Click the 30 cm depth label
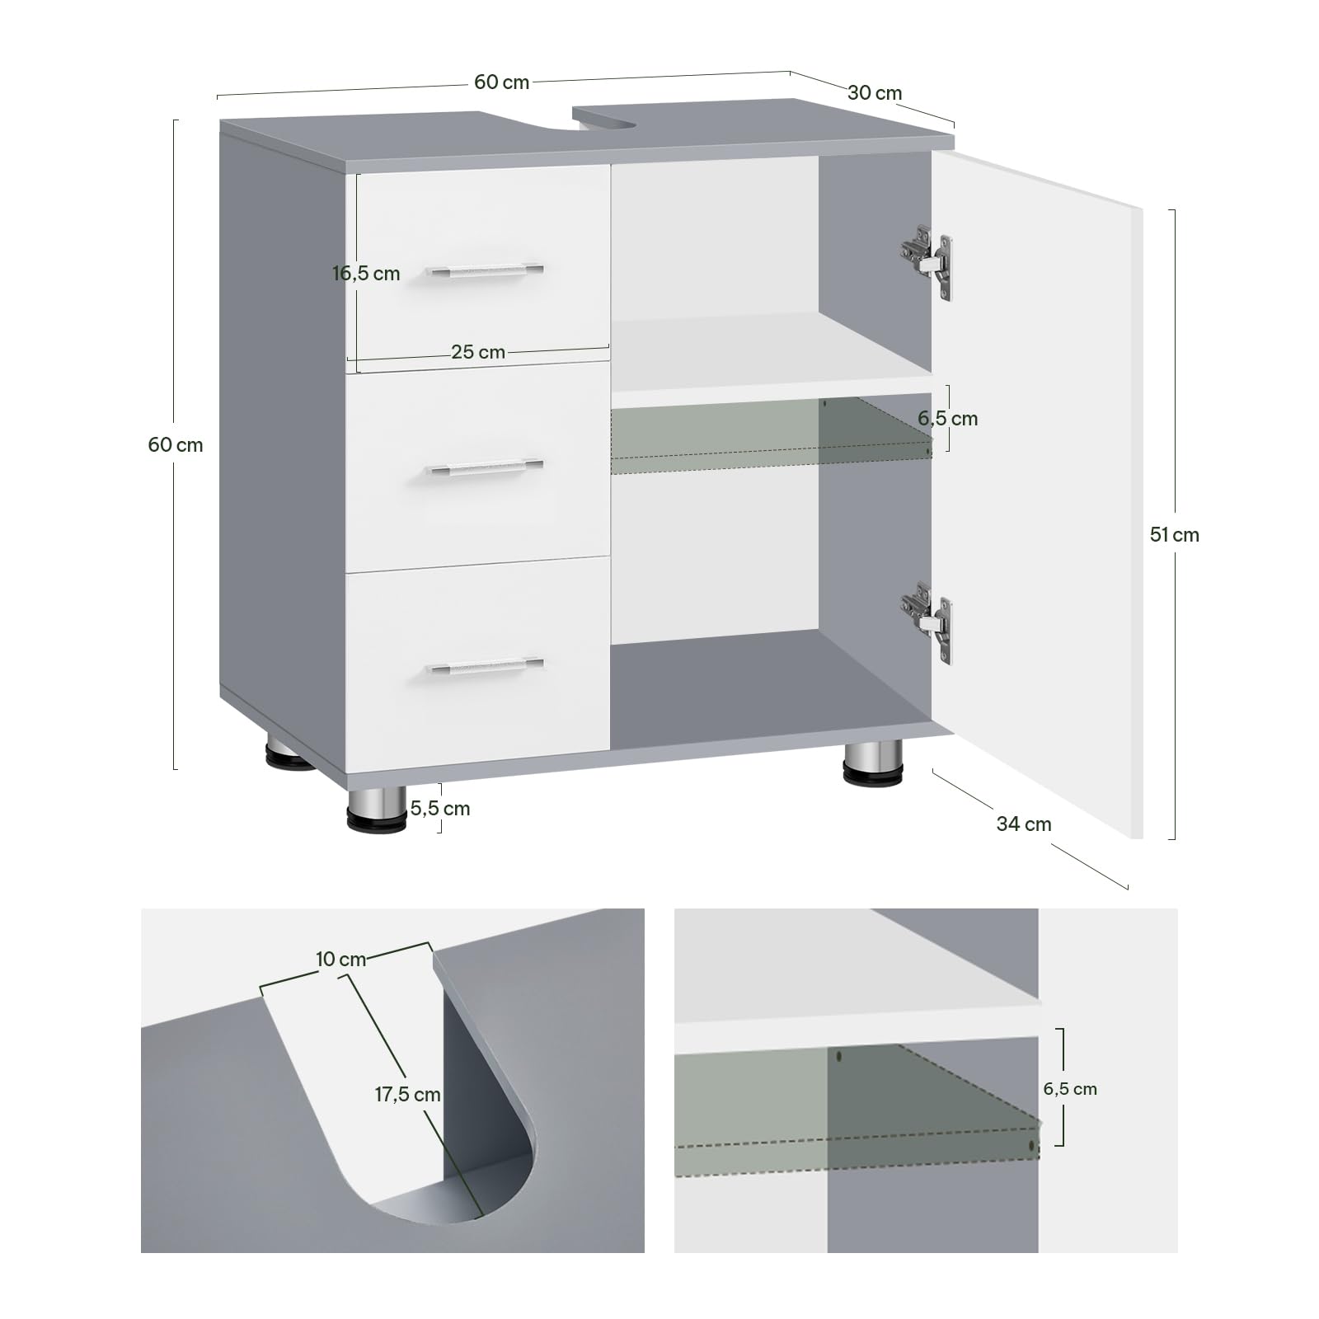pyautogui.click(x=875, y=93)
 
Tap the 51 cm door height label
pyautogui.click(x=1175, y=535)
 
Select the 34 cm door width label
pyautogui.click(x=1024, y=824)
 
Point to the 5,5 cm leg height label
pyautogui.click(x=440, y=809)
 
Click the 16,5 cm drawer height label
pyautogui.click(x=366, y=274)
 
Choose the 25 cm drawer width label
pyautogui.click(x=478, y=352)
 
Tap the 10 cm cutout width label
pyautogui.click(x=340, y=960)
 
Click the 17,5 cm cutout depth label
pyautogui.click(x=408, y=1095)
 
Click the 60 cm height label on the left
pyautogui.click(x=176, y=445)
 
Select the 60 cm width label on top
pyautogui.click(x=501, y=82)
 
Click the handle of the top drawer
pyautogui.click(x=485, y=270)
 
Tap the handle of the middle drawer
pyautogui.click(x=485, y=467)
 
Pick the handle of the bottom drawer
pyautogui.click(x=485, y=665)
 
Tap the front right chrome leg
pyautogui.click(x=873, y=763)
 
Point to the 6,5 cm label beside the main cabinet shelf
pyautogui.click(x=948, y=419)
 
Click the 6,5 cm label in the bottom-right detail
pyautogui.click(x=1070, y=1089)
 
